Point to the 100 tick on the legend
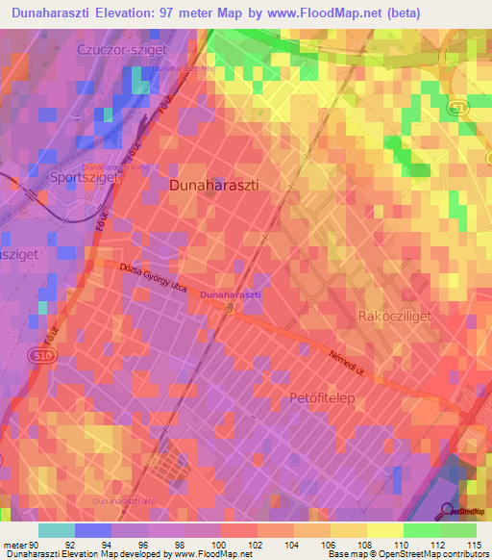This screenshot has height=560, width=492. click(220, 544)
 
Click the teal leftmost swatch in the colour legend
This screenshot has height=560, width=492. click(57, 529)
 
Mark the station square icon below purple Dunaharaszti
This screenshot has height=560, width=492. click(229, 308)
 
